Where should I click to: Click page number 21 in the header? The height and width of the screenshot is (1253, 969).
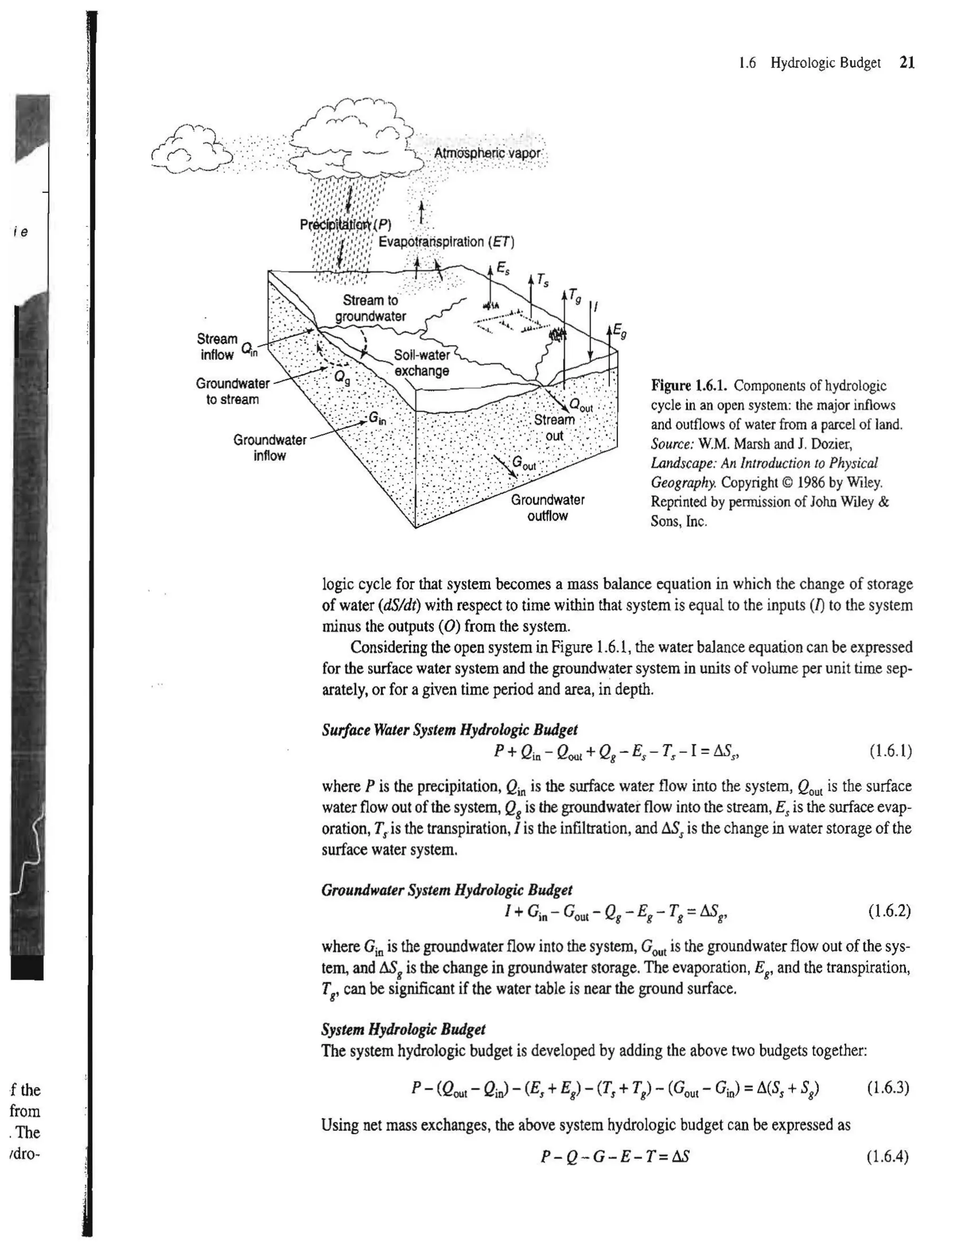907,62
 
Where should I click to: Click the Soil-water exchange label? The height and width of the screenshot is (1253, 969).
422,363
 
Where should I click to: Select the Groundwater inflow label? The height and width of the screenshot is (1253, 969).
269,447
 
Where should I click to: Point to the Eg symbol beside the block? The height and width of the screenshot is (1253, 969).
619,331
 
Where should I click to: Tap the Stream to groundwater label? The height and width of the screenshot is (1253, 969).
370,308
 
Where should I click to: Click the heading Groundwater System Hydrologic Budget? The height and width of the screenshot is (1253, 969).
447,890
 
